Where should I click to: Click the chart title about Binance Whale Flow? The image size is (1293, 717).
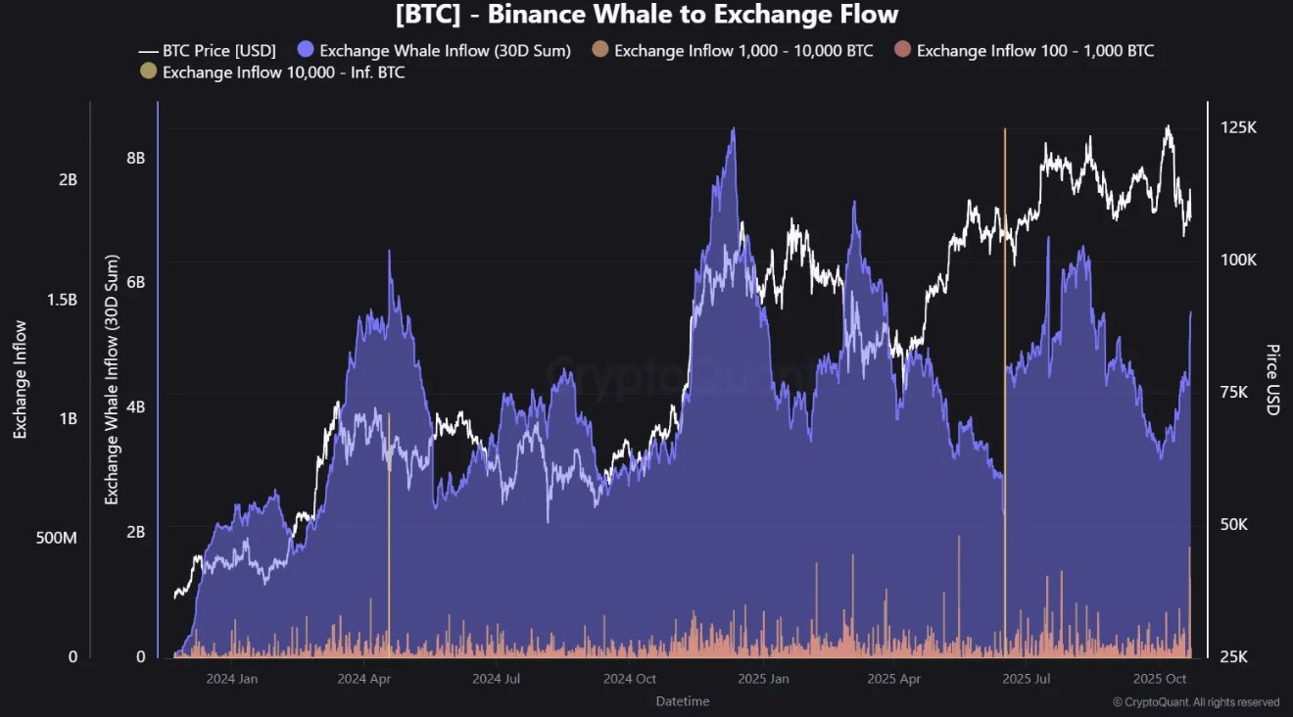point(646,15)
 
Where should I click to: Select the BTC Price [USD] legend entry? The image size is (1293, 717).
point(208,50)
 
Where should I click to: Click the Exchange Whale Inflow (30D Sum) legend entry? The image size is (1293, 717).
point(434,50)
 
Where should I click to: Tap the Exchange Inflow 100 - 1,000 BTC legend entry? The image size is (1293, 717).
point(1024,50)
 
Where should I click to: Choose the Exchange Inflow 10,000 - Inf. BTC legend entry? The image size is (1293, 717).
point(273,72)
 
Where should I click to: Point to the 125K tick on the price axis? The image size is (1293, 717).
point(1237,128)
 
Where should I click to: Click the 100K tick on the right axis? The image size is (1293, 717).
point(1237,261)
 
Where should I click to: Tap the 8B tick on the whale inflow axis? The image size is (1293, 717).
point(135,158)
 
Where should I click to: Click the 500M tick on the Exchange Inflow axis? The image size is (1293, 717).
point(56,539)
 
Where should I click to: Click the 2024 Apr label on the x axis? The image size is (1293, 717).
point(363,678)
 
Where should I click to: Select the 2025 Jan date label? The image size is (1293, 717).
point(764,678)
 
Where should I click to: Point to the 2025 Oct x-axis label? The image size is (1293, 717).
point(1160,678)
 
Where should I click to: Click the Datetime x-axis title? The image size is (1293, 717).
point(683,701)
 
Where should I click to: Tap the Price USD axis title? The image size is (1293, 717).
point(1272,379)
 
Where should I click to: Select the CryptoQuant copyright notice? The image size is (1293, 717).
point(1195,702)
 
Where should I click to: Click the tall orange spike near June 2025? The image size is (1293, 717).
point(1005,392)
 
